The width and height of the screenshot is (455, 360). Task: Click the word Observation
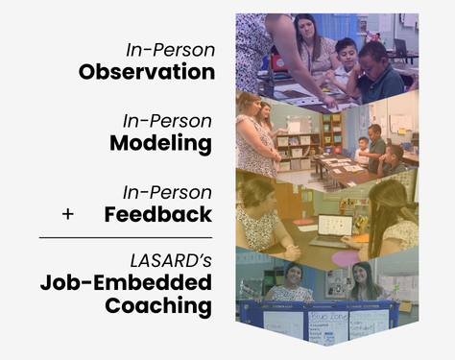[x=146, y=72]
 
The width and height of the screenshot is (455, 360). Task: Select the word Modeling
[x=160, y=143]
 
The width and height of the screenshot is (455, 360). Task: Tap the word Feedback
[x=157, y=214]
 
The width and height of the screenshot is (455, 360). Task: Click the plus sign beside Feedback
[x=67, y=214]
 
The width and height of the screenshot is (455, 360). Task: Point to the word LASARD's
[x=170, y=259]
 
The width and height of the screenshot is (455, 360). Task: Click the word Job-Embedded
[x=126, y=283]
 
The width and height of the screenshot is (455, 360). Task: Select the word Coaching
[x=158, y=306]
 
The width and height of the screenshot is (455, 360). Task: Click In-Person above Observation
[x=170, y=49]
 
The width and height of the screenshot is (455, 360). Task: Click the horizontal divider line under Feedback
[x=125, y=236]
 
